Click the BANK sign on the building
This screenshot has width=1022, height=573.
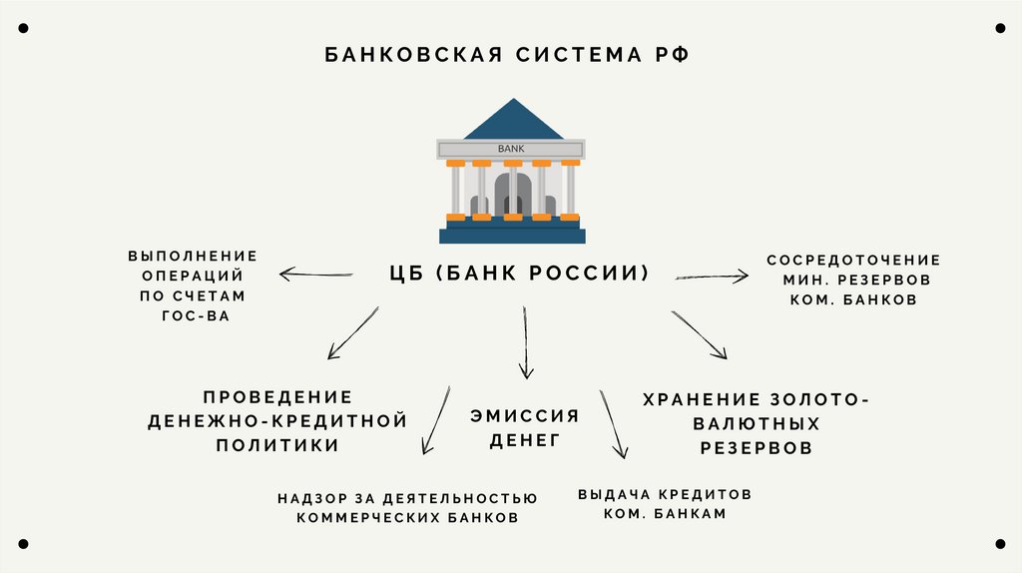[x=510, y=149]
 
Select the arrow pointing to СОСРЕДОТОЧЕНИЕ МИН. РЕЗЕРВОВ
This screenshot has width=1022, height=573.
[x=711, y=276]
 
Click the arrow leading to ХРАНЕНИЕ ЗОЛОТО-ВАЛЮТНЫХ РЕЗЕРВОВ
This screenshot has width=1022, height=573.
[x=700, y=334]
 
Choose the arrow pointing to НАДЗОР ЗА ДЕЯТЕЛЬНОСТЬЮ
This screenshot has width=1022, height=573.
[x=434, y=420]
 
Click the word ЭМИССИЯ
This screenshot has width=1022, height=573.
[x=524, y=416]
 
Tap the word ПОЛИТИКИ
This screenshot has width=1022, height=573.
[x=277, y=445]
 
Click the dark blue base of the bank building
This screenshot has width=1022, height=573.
[x=512, y=235]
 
